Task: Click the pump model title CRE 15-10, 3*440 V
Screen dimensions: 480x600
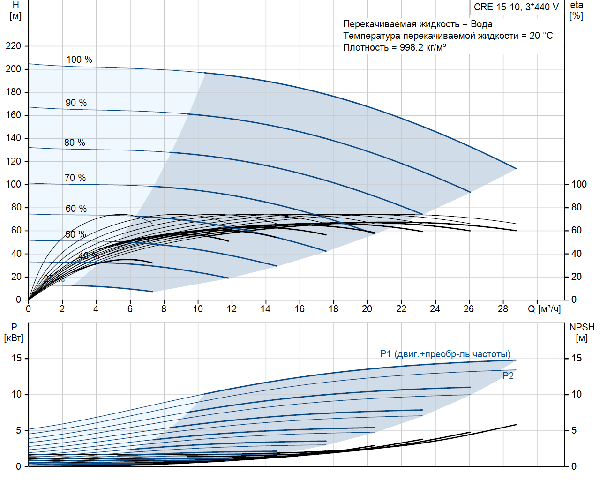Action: click(516, 7)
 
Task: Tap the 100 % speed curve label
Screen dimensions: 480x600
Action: click(79, 60)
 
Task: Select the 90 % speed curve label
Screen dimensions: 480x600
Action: click(76, 103)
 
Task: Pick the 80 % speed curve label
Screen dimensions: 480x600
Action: click(75, 142)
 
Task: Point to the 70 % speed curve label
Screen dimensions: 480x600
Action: click(75, 178)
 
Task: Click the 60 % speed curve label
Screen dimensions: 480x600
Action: click(76, 209)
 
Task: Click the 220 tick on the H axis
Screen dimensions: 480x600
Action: click(14, 46)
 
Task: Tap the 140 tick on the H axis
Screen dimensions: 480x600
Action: click(14, 138)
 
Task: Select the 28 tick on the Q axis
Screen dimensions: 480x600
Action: click(502, 309)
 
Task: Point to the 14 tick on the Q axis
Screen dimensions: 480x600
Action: click(265, 309)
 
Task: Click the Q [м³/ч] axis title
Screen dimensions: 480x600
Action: click(544, 309)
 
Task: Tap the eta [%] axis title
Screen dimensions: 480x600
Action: click(577, 10)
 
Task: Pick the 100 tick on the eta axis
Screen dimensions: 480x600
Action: click(579, 184)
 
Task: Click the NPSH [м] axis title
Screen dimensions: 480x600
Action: click(582, 332)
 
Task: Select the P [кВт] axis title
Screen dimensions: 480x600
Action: click(14, 332)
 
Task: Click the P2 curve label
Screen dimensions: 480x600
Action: click(508, 376)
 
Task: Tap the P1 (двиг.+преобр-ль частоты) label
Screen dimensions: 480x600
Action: click(445, 354)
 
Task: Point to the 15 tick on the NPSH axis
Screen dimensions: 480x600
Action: click(577, 359)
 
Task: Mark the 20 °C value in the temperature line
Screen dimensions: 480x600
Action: click(541, 36)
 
